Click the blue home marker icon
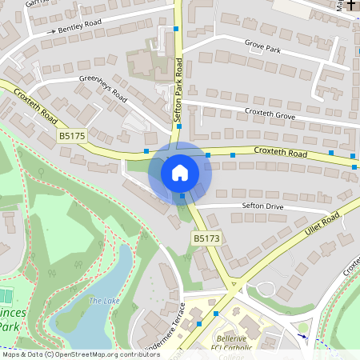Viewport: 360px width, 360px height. tap(180, 172)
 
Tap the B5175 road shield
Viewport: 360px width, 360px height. tap(72, 137)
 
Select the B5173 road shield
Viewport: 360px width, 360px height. tap(206, 238)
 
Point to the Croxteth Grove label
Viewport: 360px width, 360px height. tap(270, 114)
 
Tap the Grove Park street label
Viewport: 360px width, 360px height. tap(262, 48)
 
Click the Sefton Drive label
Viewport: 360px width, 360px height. tap(263, 206)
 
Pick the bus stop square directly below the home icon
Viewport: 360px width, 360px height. tap(182, 196)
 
